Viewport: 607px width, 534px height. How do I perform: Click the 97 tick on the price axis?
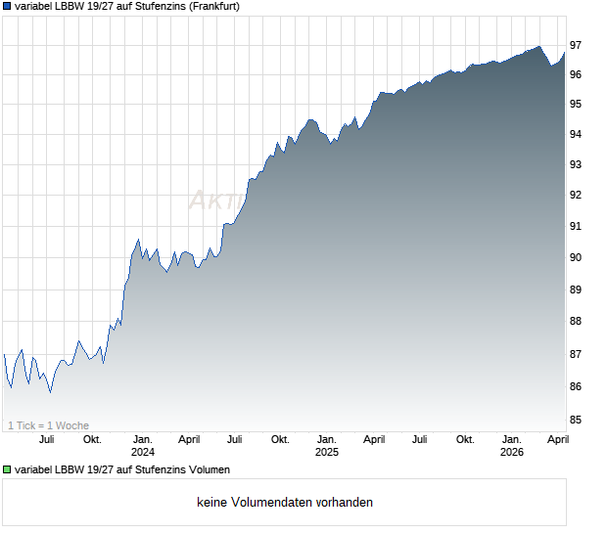(x=577, y=45)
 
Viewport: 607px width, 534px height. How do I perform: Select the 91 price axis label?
(x=577, y=226)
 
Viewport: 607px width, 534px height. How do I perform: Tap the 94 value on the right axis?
(x=577, y=134)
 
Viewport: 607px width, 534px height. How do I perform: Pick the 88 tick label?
(x=577, y=321)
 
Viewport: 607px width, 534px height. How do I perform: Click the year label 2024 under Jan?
(x=143, y=452)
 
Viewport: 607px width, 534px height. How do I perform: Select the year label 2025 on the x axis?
(x=326, y=452)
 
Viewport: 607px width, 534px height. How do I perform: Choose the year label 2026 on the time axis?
(x=511, y=452)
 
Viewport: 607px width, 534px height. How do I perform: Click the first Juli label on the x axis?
(x=46, y=439)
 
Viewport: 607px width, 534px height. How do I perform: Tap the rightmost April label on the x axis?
(x=556, y=439)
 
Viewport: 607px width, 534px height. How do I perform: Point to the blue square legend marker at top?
(x=8, y=6)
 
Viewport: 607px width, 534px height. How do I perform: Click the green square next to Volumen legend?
(x=8, y=470)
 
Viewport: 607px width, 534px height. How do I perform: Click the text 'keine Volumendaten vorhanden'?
(x=285, y=503)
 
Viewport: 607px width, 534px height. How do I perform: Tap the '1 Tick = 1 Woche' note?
(x=48, y=425)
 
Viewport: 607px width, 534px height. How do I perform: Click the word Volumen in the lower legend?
(x=209, y=470)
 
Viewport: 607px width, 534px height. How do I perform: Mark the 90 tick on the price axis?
(x=577, y=257)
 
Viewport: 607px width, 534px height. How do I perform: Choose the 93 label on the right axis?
(x=577, y=164)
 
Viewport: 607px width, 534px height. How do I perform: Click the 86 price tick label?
(x=577, y=387)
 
